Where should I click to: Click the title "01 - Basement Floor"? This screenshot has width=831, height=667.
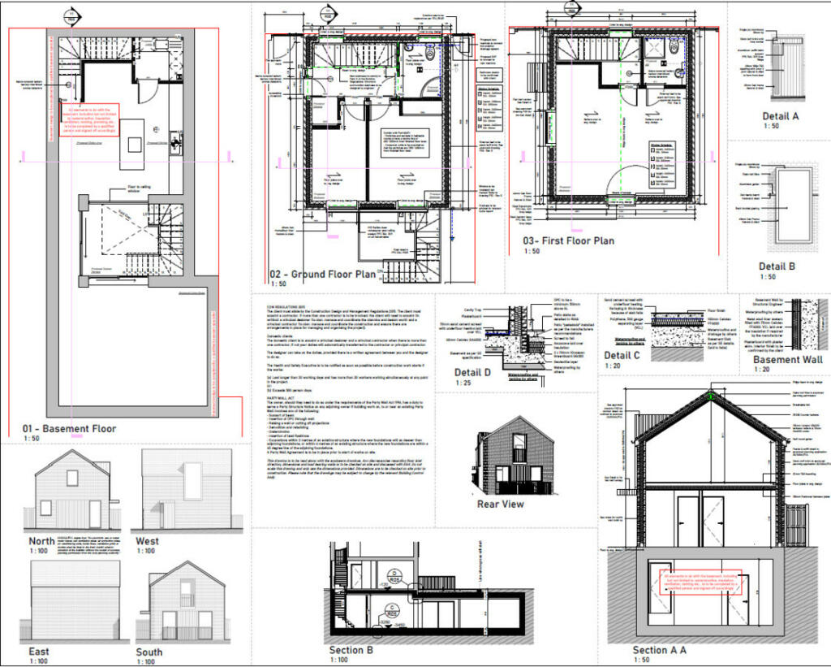pyautogui.click(x=69, y=428)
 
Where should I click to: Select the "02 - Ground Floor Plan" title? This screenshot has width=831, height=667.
pyautogui.click(x=321, y=274)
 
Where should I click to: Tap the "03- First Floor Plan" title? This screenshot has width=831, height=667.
pyautogui.click(x=568, y=240)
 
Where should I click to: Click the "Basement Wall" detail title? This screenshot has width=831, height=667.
pyautogui.click(x=787, y=360)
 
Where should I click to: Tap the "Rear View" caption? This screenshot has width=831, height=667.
pyautogui.click(x=500, y=504)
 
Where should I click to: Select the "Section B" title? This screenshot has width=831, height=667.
pyautogui.click(x=351, y=650)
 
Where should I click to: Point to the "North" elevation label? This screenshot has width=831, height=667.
pyautogui.click(x=41, y=540)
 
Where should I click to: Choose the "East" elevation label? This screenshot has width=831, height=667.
pyautogui.click(x=38, y=651)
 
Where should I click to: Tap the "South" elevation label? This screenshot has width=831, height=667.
pyautogui.click(x=149, y=652)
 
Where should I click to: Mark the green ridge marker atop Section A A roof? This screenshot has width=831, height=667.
pyautogui.click(x=712, y=396)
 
